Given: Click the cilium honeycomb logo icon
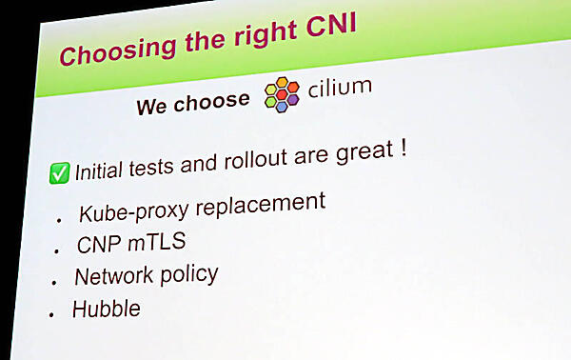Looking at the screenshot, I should [x=282, y=92].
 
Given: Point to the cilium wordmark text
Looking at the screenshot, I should [x=340, y=88].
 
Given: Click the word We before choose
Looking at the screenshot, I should [x=153, y=105].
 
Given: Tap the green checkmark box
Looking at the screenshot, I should [x=59, y=173].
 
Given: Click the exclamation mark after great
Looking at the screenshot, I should [x=404, y=148].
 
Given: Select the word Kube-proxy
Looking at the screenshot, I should [x=129, y=210].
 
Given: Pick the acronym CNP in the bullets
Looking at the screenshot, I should [x=97, y=245].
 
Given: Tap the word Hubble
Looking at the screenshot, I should [x=106, y=310].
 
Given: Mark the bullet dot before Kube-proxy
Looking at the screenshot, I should [x=59, y=218].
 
